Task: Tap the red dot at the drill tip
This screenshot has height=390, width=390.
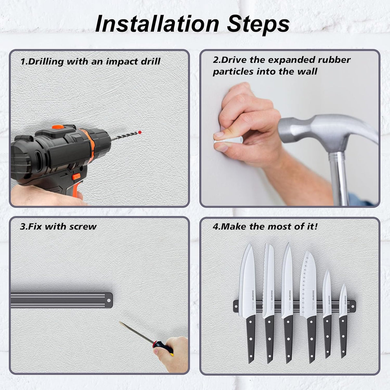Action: [140, 132]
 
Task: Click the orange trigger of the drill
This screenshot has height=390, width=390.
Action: [76, 176]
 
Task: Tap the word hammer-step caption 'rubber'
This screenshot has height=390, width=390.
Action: [335, 60]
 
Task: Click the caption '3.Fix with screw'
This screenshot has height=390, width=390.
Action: [58, 227]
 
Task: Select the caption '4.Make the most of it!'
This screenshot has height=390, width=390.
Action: [265, 227]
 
